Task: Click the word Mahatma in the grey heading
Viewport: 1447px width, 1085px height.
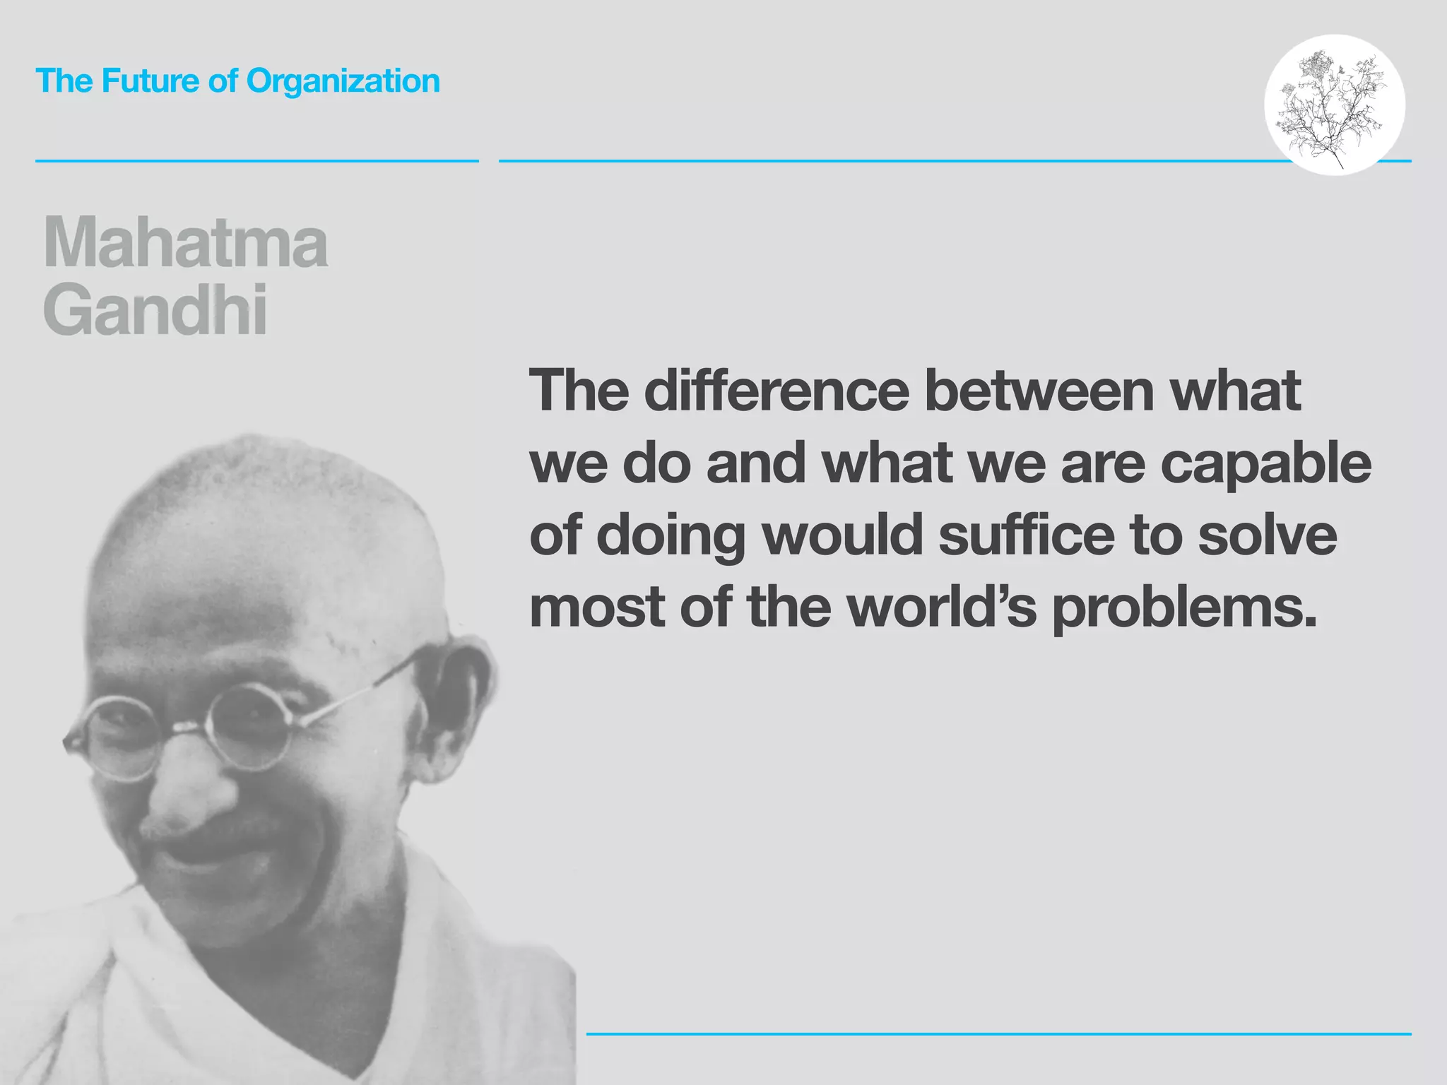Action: [186, 243]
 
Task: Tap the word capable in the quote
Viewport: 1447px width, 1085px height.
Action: [1265, 465]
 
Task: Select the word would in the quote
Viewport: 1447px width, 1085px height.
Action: [844, 535]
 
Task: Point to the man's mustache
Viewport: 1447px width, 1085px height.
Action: [233, 841]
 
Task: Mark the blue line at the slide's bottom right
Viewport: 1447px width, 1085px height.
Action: [998, 1034]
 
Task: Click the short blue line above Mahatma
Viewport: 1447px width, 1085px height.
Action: [256, 161]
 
